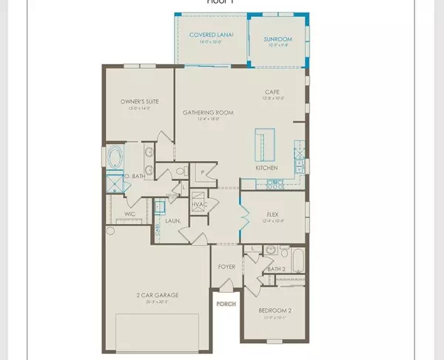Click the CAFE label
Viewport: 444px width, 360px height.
[271, 92]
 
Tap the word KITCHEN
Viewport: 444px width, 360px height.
[267, 168]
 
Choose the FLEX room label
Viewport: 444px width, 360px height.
[272, 213]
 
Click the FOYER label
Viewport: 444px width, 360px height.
[226, 267]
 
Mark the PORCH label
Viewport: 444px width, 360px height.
[225, 303]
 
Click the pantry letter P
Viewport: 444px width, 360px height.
[201, 171]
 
